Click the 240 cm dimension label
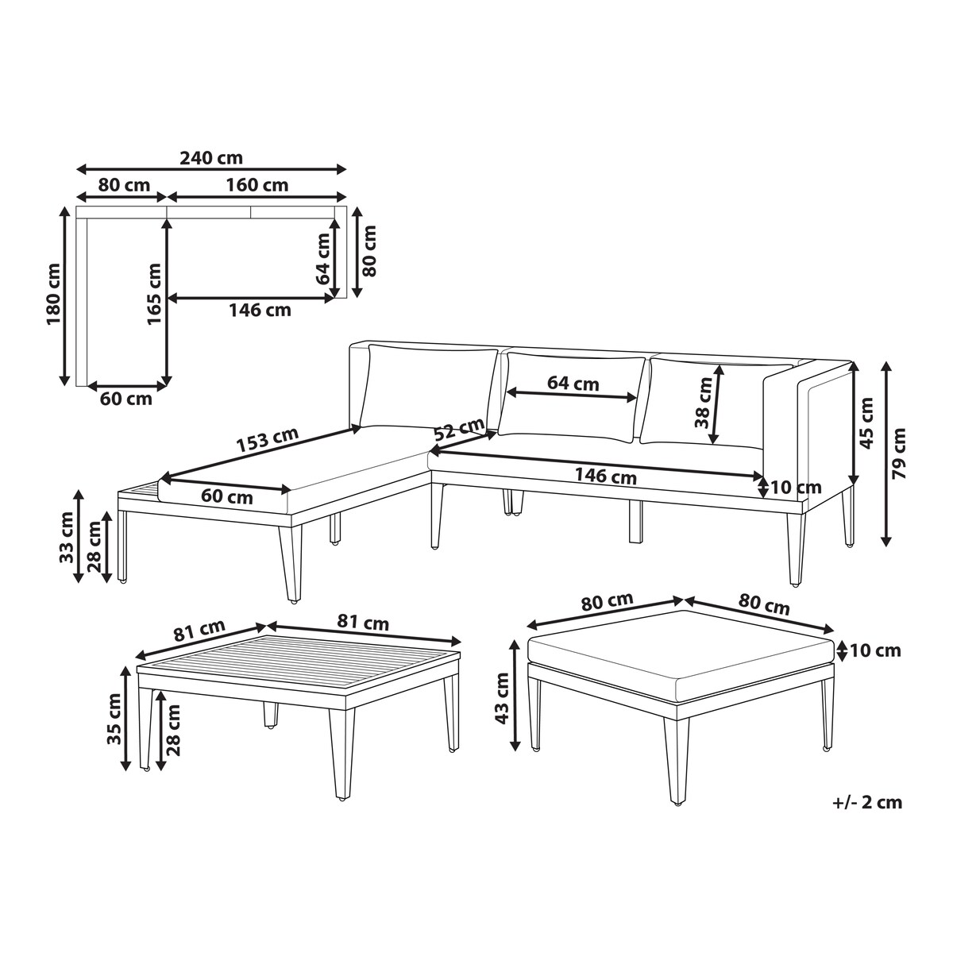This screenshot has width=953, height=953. [x=211, y=158]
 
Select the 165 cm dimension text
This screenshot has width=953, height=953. [x=154, y=294]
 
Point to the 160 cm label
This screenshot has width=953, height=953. [x=257, y=185]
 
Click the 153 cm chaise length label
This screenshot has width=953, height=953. [x=268, y=439]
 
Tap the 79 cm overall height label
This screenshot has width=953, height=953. [x=897, y=453]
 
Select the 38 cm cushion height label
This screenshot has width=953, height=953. [x=703, y=403]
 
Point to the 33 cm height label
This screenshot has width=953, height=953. [x=66, y=538]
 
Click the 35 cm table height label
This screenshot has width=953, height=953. [x=114, y=719]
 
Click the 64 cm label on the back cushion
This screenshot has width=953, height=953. [x=573, y=384]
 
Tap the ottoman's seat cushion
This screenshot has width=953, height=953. [x=681, y=658]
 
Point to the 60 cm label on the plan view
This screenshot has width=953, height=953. [x=126, y=399]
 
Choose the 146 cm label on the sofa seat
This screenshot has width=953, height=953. [x=605, y=476]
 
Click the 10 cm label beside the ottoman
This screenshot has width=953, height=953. [x=875, y=651]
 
